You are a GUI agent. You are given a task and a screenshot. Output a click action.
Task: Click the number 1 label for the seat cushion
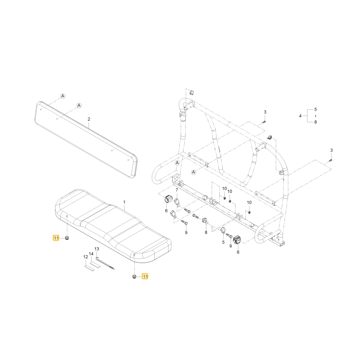click(125, 202)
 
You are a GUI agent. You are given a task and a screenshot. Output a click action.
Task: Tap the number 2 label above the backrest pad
click(89, 119)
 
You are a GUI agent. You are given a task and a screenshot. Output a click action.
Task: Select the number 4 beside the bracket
click(300, 116)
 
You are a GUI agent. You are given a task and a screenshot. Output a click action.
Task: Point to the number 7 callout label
click(177, 190)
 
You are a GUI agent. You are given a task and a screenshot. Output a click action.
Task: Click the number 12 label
click(86, 257)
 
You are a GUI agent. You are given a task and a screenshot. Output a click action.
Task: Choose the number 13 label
click(96, 249)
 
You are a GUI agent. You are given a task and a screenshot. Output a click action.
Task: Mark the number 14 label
click(91, 254)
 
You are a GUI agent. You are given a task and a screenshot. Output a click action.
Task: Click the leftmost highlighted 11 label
click(56, 238)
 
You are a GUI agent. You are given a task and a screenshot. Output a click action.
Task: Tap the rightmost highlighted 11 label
click(145, 276)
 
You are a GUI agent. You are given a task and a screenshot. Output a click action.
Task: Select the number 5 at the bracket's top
click(315, 109)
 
